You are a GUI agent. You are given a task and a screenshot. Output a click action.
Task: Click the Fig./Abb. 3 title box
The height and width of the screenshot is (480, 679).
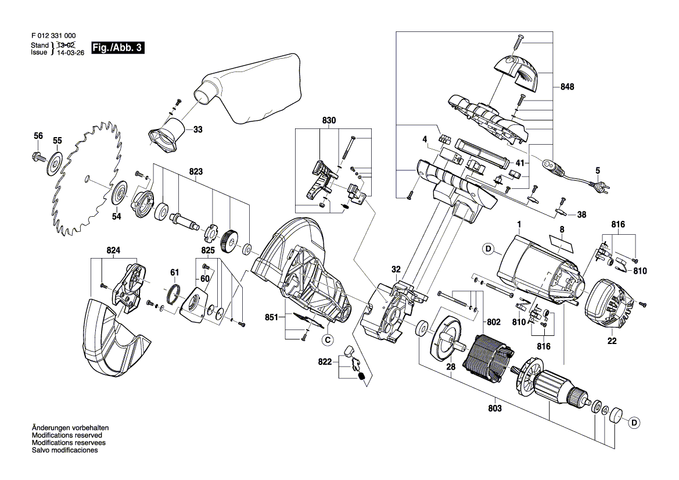pos(118,48)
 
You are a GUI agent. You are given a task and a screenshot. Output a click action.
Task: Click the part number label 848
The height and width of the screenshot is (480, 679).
pos(567,87)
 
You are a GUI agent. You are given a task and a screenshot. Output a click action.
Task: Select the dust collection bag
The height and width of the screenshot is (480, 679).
pos(247,89)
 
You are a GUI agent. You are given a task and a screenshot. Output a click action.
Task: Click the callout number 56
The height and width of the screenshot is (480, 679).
pos(38,135)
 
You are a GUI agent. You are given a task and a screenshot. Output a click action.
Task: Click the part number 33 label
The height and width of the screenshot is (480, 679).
pos(198,129)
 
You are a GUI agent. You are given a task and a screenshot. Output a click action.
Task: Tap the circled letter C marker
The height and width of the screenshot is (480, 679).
pos(328,340)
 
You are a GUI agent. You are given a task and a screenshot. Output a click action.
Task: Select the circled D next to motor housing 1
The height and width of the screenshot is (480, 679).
pos(488,249)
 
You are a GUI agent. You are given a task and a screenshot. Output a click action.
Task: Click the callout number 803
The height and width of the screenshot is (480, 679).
pos(494,408)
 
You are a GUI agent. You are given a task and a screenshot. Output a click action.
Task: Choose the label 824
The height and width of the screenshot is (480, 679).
pos(113,250)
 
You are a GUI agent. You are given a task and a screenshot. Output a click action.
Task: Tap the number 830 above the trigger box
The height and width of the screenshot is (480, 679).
pos(329,120)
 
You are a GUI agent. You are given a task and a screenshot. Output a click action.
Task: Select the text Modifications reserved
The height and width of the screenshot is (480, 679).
pos(67,435)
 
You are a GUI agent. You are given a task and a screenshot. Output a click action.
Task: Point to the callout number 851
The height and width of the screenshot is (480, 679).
pos(271,317)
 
